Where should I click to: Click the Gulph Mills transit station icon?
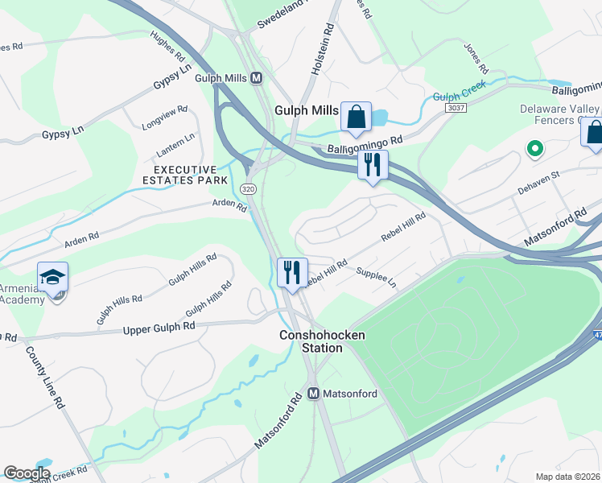257,78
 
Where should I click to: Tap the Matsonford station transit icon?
315,394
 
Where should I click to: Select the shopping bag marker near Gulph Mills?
355,118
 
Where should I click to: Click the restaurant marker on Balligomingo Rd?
373,165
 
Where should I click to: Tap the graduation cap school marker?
53,278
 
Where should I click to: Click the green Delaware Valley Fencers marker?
532,149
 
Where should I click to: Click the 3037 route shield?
456,107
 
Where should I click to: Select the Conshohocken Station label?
311,341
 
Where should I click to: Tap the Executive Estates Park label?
185,175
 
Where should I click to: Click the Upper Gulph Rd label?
159,328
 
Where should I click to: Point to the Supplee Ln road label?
377,279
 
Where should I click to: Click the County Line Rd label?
43,377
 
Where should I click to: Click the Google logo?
26,473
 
